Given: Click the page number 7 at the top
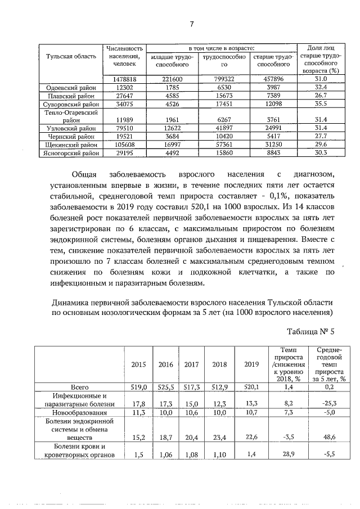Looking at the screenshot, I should (191, 23).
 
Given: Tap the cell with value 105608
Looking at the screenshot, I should (123, 144).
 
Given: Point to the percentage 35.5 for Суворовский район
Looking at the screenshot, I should (321, 103).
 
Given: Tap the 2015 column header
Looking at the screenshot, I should (138, 364).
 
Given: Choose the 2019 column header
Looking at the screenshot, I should (251, 364).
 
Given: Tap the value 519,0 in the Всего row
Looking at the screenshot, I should (138, 387).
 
